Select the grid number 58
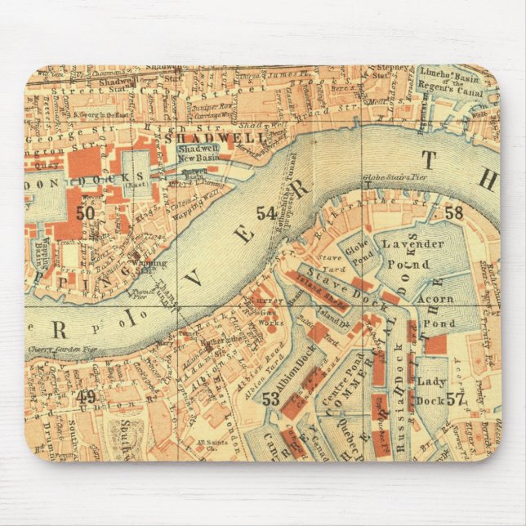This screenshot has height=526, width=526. pyautogui.click(x=453, y=213)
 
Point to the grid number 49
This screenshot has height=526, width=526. pyautogui.click(x=86, y=398)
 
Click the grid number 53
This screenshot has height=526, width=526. pyautogui.click(x=271, y=399)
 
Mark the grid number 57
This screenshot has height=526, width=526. pyautogui.click(x=455, y=399)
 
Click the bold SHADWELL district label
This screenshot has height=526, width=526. pyautogui.click(x=216, y=139)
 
